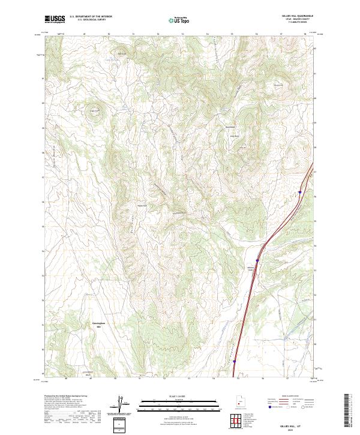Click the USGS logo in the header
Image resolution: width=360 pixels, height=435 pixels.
click(x=55, y=20)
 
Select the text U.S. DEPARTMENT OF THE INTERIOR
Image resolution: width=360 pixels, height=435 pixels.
click(x=91, y=17)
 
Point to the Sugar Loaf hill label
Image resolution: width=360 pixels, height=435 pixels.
click(x=94, y=110)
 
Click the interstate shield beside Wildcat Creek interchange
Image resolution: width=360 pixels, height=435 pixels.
click(x=257, y=260)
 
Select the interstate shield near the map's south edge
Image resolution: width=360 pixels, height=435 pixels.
click(x=235, y=361)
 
